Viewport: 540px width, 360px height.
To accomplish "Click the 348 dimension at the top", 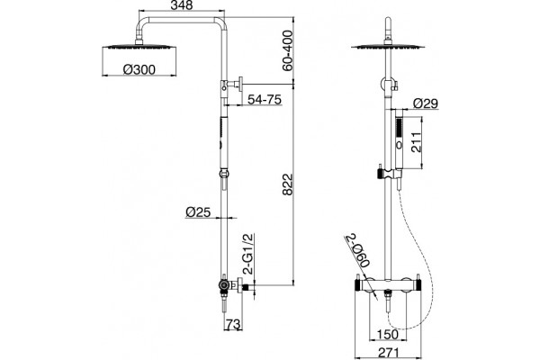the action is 182,5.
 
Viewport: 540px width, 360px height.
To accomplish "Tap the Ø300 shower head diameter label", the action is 139,70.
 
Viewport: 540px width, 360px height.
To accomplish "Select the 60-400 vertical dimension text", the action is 287,50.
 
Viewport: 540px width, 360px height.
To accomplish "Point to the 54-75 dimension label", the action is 265,100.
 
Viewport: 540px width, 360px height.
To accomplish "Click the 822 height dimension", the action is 287,184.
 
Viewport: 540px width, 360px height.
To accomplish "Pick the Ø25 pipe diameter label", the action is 198,211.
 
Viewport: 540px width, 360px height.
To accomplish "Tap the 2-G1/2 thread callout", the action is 248,254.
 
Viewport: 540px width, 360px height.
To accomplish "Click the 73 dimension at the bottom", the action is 233,324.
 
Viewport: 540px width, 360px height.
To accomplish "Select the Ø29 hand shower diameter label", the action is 426,103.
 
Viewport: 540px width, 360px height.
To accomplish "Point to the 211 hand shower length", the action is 416,142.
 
